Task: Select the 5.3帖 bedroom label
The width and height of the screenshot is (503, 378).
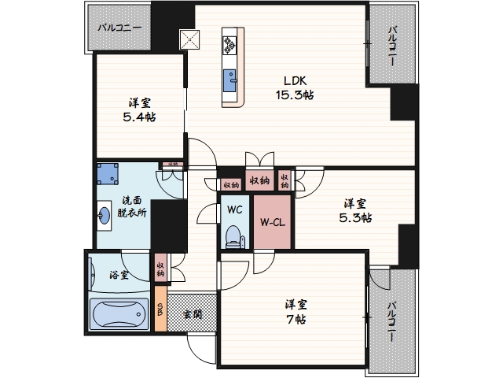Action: (357, 209)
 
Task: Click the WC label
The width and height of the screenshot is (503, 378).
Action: (234, 210)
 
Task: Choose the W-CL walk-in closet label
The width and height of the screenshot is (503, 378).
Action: (272, 222)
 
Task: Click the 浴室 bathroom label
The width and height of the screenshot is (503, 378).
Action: (119, 276)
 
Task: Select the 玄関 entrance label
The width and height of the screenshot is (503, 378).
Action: (193, 313)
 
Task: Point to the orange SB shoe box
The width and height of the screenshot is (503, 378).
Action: (160, 313)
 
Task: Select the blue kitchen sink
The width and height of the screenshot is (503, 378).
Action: (232, 80)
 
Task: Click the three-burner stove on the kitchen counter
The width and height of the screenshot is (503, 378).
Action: (231, 44)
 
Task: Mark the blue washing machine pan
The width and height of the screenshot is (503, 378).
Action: (108, 174)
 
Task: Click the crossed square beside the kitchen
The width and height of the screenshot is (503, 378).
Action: (190, 39)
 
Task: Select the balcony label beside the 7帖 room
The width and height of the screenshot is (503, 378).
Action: (391, 321)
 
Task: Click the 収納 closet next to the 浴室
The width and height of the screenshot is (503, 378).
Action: (160, 270)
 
